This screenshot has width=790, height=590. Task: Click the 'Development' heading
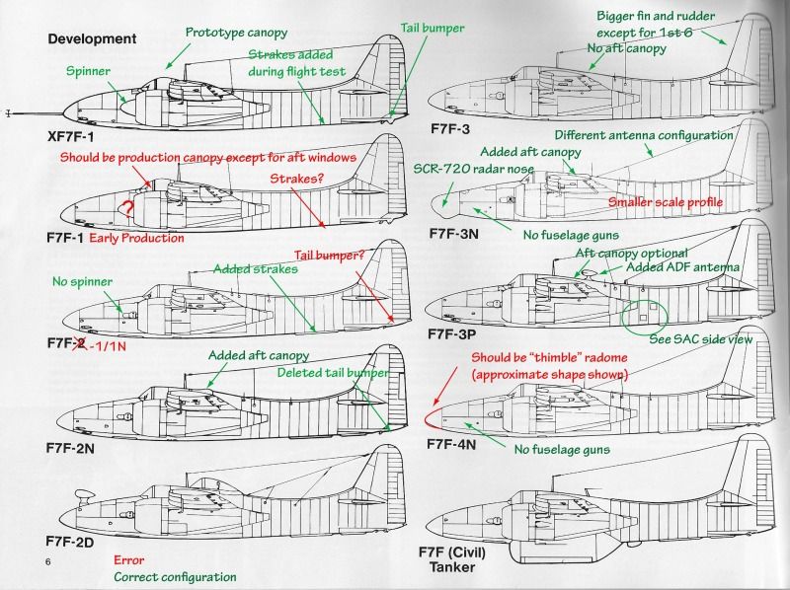point(91,38)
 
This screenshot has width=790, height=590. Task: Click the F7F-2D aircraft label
point(77,542)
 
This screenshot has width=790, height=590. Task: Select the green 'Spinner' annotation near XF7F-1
point(89,72)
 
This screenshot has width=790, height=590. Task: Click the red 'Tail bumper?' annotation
point(332,256)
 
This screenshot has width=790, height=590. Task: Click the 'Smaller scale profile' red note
point(664,202)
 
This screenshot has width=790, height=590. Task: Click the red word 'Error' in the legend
point(129,558)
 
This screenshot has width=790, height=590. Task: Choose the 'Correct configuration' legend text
point(175,576)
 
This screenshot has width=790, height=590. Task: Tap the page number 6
point(46,561)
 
